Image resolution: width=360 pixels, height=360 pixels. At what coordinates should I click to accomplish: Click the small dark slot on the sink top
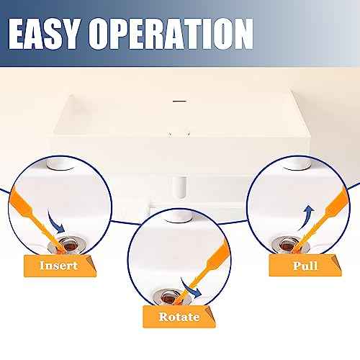175,102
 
